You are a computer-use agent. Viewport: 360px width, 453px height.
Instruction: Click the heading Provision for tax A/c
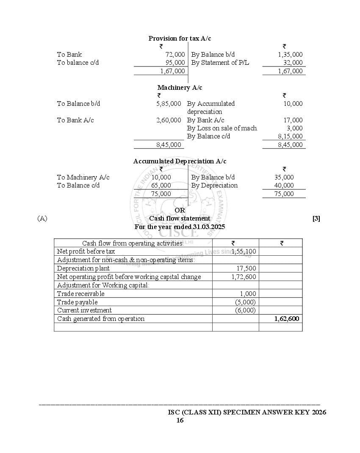coord(180,39)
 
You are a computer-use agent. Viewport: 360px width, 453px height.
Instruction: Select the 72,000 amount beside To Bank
coord(175,55)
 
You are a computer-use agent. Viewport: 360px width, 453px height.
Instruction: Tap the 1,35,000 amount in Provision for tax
coord(290,55)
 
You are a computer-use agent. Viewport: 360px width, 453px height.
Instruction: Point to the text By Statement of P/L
coord(220,63)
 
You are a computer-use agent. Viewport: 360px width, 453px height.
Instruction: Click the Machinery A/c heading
coord(180,88)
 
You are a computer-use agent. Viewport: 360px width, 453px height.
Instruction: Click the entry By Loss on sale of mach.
coord(222,128)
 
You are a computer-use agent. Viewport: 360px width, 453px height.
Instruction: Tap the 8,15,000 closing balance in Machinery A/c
coord(290,136)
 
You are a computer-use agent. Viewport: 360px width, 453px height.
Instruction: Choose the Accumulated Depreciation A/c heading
coord(180,161)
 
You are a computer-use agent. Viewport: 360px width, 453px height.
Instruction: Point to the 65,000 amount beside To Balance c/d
coord(161,185)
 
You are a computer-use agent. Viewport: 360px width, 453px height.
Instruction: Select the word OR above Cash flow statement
coord(180,210)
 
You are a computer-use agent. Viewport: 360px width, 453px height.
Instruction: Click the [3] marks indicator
coord(316,218)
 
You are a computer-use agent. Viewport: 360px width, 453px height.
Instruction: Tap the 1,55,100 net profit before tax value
coord(244,251)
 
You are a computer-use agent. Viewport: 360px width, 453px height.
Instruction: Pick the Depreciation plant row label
coord(83,268)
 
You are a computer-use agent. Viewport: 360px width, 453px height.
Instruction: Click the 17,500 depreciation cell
coord(246,268)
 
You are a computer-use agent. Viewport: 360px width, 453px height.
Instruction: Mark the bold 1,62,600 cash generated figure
coord(287,319)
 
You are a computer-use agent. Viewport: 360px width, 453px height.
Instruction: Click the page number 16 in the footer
coord(180,420)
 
